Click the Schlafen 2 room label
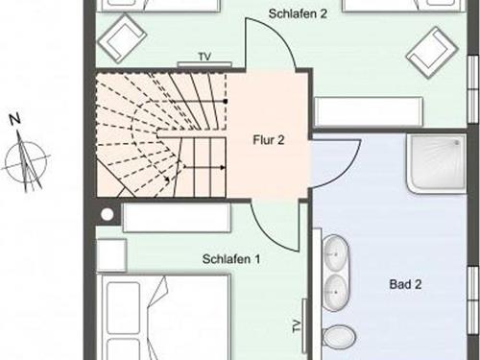pyautogui.click(x=298, y=13)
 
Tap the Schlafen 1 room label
pyautogui.click(x=231, y=259)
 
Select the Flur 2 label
pyautogui.click(x=269, y=140)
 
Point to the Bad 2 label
pyautogui.click(x=405, y=284)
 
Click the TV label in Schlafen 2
pyautogui.click(x=204, y=57)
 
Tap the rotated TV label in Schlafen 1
pyautogui.click(x=297, y=325)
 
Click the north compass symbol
pyautogui.click(x=26, y=160)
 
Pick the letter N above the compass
pyautogui.click(x=14, y=119)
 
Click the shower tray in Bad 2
pyautogui.click(x=437, y=163)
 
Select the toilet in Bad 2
pyautogui.click(x=338, y=336)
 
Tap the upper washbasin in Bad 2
pyautogui.click(x=336, y=253)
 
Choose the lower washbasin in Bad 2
pyautogui.click(x=336, y=293)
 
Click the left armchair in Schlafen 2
pyautogui.click(x=122, y=38)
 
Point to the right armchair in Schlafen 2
pyautogui.click(x=432, y=53)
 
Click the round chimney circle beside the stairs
pyautogui.click(x=108, y=214)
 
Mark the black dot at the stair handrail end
pyautogui.click(x=226, y=102)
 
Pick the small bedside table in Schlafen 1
pyautogui.click(x=111, y=255)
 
